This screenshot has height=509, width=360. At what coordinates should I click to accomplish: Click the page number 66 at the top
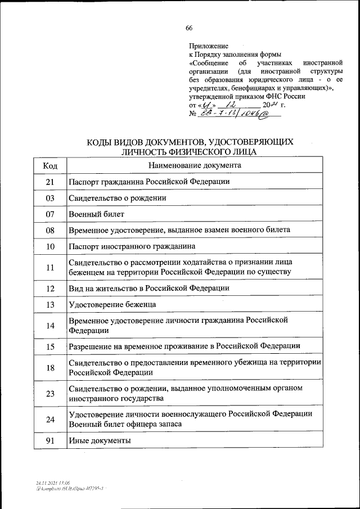(189, 29)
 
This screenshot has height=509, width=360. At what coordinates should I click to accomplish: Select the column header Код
(50, 165)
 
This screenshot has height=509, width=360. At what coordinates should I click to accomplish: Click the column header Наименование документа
(195, 165)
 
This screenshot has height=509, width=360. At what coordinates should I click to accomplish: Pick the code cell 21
(50, 182)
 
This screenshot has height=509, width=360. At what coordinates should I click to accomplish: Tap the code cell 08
(50, 231)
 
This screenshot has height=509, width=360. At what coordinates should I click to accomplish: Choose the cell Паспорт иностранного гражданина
(132, 247)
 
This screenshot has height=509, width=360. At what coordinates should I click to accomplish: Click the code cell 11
(50, 268)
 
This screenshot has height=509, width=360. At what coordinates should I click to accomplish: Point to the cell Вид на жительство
(148, 288)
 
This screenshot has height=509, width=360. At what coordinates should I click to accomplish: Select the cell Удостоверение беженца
(112, 304)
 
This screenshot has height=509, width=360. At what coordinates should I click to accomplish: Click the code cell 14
(50, 325)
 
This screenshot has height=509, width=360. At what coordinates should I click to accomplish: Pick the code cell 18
(50, 367)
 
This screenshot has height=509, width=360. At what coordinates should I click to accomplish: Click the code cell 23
(50, 393)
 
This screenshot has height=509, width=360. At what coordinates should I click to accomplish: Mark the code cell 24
(50, 419)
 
